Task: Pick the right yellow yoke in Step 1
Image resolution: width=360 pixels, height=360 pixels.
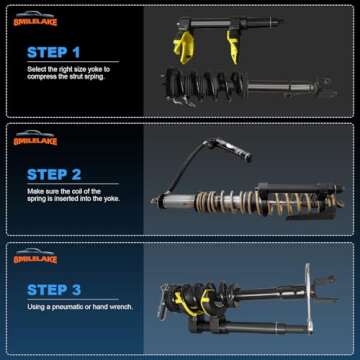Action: (233, 40)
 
